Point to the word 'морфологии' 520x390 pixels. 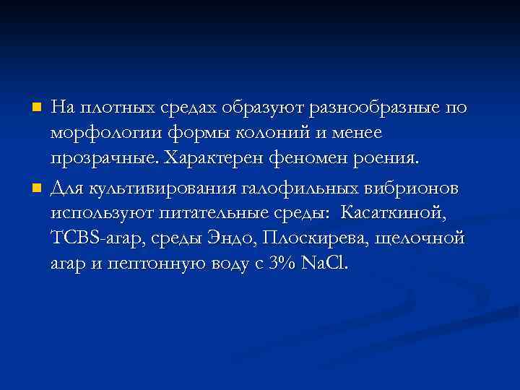tap(96, 134)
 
